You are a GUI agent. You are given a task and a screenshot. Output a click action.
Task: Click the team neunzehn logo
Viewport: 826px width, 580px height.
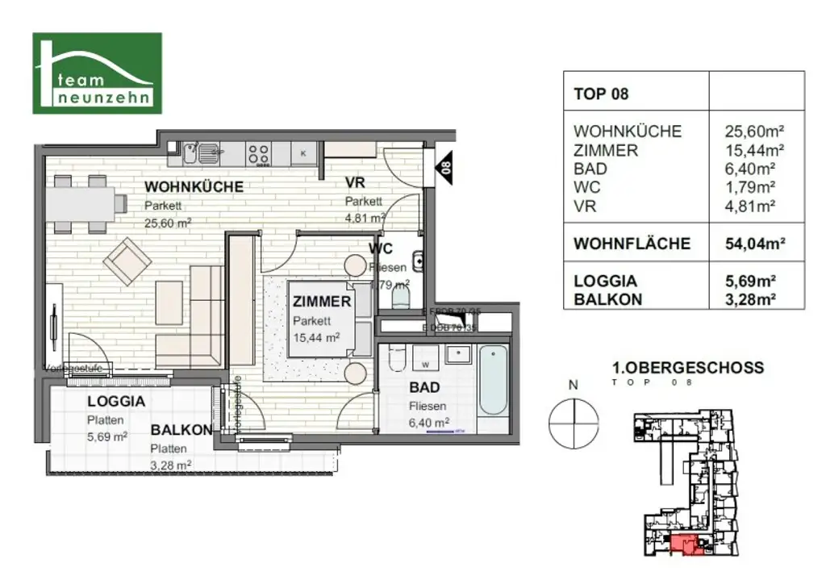pos(97,73)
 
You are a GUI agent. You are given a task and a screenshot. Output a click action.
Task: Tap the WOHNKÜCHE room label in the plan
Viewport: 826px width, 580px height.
pos(194,187)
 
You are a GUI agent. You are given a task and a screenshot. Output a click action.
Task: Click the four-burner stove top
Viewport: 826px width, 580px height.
pos(258,152)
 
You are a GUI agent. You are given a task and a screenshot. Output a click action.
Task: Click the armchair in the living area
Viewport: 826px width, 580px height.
pos(129,261)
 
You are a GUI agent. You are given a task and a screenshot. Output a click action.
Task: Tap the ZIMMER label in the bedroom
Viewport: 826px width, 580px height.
pos(322,303)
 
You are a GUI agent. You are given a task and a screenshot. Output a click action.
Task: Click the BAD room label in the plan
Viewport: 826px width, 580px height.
pos(423,388)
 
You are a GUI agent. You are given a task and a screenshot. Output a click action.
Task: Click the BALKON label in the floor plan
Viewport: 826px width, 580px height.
pos(181,430)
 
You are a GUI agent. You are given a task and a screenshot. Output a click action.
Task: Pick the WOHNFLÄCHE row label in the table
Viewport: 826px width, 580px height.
pos(632,244)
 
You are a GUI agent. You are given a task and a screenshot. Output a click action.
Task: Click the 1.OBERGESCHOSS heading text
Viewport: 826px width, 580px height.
pos(688,368)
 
